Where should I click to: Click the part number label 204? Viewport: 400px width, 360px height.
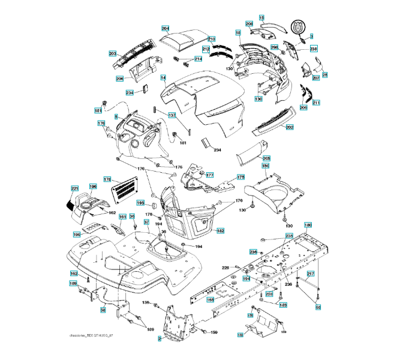click(166, 28)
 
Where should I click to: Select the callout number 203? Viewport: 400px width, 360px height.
click(112, 54)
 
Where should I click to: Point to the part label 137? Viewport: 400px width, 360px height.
click(172, 115)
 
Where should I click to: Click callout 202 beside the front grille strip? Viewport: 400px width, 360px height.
click(290, 127)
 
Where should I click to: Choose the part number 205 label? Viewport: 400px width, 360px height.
click(266, 158)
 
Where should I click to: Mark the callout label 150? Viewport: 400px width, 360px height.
click(265, 166)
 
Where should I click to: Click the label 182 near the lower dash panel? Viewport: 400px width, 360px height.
click(221, 230)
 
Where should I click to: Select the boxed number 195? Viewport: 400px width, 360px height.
click(140, 203)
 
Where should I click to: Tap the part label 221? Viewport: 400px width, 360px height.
click(75, 189)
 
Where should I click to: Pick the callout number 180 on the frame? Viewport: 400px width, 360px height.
click(308, 226)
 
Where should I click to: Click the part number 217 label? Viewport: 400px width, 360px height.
click(311, 274)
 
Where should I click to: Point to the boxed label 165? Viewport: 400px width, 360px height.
click(210, 299)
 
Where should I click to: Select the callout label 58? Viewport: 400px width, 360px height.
click(103, 310)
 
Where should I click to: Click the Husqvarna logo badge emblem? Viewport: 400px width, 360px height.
click(298, 28)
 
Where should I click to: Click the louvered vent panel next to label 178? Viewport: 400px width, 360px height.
click(127, 190)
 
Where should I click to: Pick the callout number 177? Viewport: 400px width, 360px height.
click(210, 175)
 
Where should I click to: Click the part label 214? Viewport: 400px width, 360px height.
click(198, 59)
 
